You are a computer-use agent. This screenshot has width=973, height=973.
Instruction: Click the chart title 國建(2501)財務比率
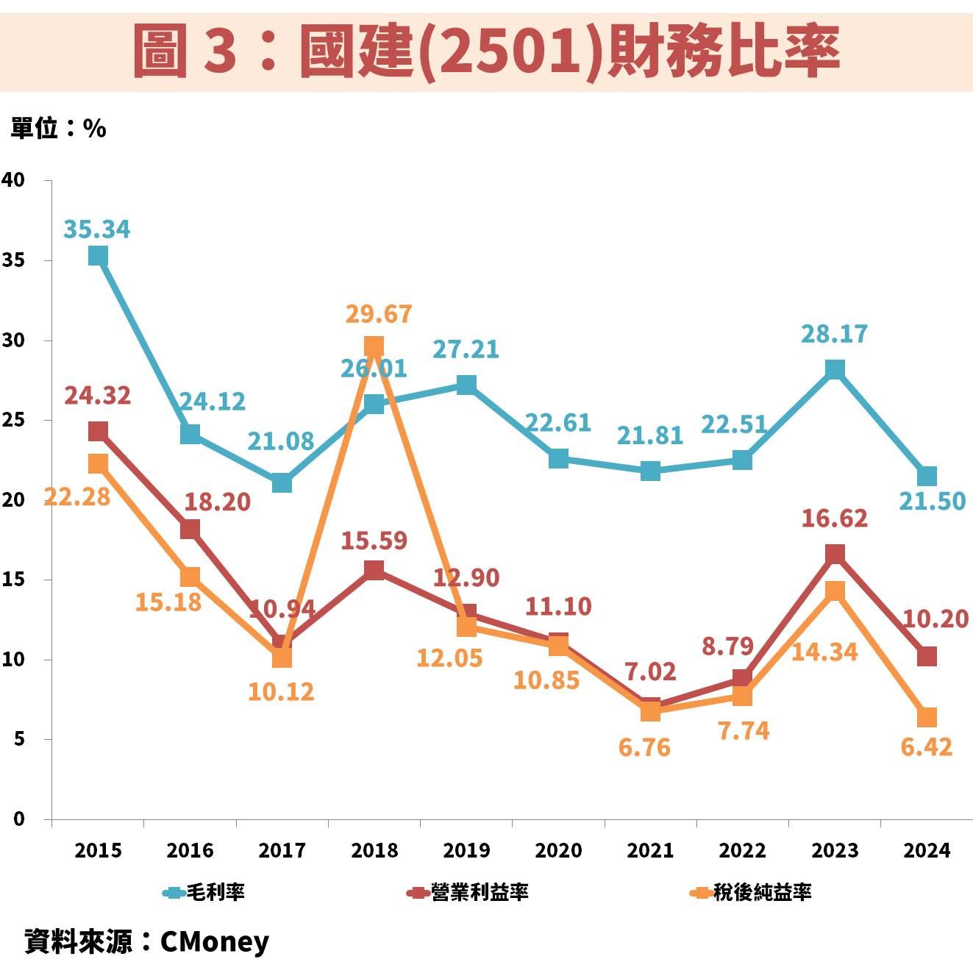click(x=486, y=51)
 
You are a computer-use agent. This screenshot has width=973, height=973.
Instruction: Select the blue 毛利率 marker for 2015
click(x=98, y=255)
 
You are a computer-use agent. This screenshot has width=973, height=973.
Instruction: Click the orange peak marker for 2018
click(x=374, y=346)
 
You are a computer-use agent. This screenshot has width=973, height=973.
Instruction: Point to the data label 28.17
click(x=834, y=334)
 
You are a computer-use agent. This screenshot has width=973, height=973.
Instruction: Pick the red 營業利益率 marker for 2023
click(x=835, y=554)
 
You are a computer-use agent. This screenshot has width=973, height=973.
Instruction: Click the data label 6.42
click(x=926, y=747)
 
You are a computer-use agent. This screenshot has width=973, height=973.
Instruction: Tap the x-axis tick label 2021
click(x=650, y=851)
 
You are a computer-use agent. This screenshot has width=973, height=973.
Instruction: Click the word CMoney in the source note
click(x=215, y=941)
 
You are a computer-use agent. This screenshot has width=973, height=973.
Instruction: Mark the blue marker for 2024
click(x=927, y=476)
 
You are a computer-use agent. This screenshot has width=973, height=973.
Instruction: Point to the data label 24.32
click(x=97, y=396)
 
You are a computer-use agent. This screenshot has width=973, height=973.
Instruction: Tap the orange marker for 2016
click(x=190, y=577)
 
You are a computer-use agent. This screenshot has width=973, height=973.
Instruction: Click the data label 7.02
click(x=650, y=671)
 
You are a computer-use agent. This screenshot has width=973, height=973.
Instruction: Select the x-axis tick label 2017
click(x=282, y=851)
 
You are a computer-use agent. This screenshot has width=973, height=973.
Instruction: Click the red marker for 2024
click(x=927, y=656)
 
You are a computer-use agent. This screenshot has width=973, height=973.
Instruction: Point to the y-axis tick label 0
click(x=18, y=819)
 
